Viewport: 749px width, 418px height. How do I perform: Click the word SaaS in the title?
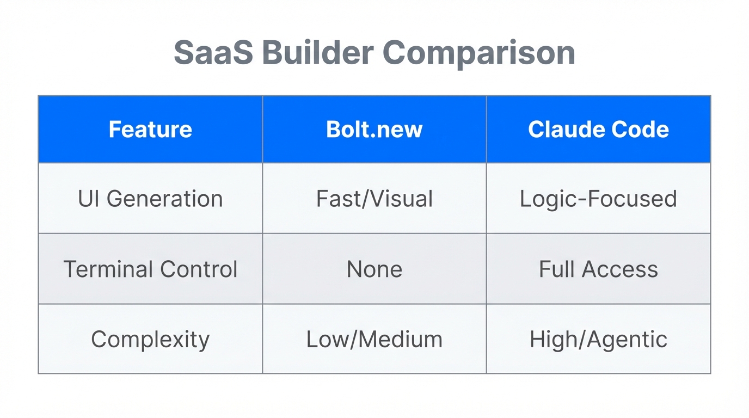tap(213, 53)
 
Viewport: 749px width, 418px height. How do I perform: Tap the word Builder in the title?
tap(317, 53)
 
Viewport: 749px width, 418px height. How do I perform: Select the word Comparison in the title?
tap(478, 53)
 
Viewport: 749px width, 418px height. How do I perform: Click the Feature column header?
tap(150, 130)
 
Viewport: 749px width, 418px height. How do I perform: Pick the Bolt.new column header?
tap(374, 130)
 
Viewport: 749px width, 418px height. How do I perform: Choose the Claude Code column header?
tap(598, 130)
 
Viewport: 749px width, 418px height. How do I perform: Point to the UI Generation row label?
tap(150, 199)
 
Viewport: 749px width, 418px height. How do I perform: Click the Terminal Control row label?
tap(150, 269)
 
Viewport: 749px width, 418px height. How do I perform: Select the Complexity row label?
tap(150, 340)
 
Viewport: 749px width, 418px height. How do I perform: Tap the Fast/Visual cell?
tap(374, 199)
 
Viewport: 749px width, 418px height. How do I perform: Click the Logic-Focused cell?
tap(598, 199)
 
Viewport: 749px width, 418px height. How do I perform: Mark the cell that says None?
tap(374, 269)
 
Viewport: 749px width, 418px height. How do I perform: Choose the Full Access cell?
tap(598, 269)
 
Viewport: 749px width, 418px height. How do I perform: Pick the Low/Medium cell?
tap(374, 340)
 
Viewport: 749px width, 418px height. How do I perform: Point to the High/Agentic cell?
tap(598, 340)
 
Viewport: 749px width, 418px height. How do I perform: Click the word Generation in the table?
tap(164, 199)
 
